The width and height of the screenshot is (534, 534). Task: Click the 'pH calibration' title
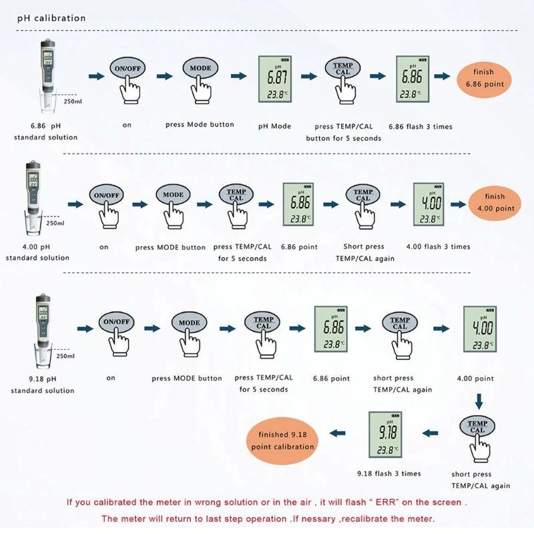(51, 18)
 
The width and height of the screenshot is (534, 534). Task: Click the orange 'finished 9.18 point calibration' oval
(282, 440)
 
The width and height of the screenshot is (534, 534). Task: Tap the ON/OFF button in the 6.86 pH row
(127, 69)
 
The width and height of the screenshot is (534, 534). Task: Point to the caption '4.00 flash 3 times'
(439, 247)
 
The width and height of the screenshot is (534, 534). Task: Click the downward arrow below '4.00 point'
(479, 402)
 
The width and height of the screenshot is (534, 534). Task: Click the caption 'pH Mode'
(275, 126)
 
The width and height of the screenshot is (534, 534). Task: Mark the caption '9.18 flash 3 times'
(389, 474)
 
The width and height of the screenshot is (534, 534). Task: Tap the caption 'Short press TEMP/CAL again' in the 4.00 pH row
(364, 252)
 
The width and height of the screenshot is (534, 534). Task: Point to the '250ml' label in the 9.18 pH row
(65, 356)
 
